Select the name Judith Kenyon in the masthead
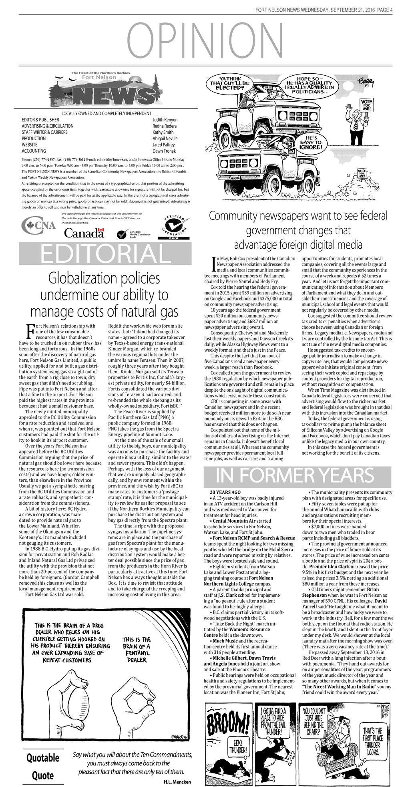tap(165, 120)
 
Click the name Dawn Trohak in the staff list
tap(165, 151)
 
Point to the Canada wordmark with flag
tap(84, 233)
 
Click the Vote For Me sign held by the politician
tap(366, 105)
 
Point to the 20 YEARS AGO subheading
tap(225, 492)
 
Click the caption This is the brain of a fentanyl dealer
tap(137, 649)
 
